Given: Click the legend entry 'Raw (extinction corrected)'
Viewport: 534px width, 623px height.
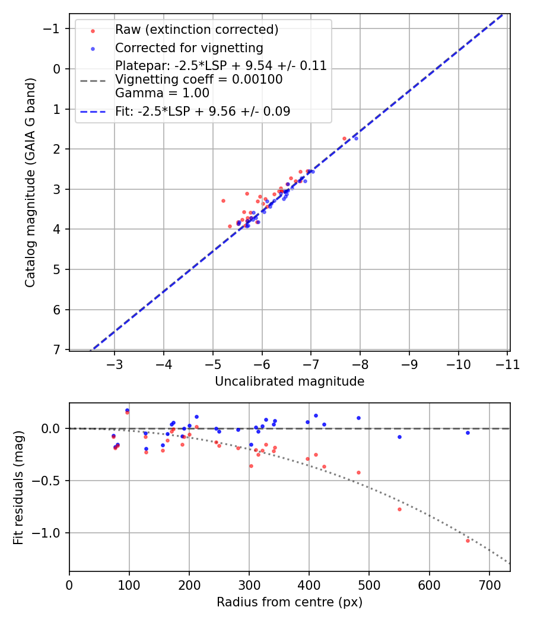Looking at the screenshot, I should (x=196, y=30).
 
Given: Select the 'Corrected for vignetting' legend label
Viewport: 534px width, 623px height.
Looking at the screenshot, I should (x=189, y=47).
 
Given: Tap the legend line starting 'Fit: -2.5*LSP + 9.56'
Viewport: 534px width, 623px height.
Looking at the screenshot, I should (x=202, y=111).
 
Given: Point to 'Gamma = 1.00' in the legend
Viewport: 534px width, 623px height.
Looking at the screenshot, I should (x=162, y=93).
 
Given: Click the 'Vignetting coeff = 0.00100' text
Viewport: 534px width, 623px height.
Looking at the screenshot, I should (x=199, y=80).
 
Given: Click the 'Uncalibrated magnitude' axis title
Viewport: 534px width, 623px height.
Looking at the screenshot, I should (x=290, y=382).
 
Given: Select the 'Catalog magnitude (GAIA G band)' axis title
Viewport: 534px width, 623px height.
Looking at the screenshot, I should (x=31, y=182).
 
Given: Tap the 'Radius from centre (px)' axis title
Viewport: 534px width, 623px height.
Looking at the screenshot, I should (x=290, y=602).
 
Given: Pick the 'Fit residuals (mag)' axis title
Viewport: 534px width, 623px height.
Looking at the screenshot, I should (x=18, y=488).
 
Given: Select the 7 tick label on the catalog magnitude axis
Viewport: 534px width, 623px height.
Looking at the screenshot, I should (x=57, y=349).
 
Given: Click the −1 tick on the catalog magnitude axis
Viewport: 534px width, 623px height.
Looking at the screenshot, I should (x=53, y=28).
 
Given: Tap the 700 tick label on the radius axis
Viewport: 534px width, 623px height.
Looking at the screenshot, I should (x=489, y=584).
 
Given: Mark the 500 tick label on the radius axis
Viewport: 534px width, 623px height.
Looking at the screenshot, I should (x=369, y=584).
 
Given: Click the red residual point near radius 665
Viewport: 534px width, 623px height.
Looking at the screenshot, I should (x=468, y=541).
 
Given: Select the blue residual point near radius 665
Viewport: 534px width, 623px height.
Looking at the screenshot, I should (x=468, y=433).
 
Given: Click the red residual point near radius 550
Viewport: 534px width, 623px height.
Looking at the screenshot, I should (x=399, y=509).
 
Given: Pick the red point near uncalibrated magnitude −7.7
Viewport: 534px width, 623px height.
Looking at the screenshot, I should (x=344, y=138).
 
